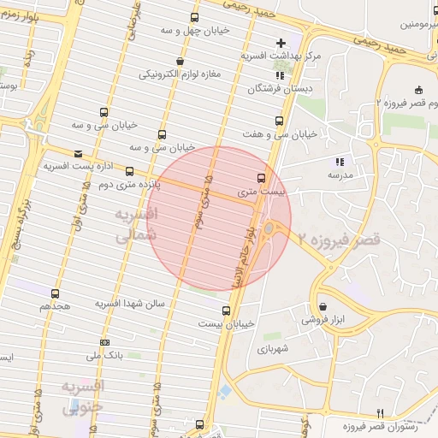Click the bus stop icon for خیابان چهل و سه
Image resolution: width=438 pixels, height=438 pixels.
pos(195,17)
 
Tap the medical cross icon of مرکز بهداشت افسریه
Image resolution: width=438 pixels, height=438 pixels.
pos(281,43)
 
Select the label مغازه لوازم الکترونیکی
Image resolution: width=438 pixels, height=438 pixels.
pos(181,74)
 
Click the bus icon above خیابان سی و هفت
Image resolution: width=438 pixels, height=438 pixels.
pos(277,121)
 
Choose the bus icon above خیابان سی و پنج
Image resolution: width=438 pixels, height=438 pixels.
pos(163,134)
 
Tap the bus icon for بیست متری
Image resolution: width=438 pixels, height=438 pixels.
pos(260,178)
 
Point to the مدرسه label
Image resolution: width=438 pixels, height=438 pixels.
pos(340,175)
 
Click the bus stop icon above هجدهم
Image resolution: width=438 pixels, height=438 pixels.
pos(55,293)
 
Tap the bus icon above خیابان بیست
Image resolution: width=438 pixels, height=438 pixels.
pos(226,311)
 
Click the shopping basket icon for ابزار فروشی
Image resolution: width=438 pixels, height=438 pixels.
pos(323,305)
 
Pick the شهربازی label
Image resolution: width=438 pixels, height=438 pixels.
pos(274,349)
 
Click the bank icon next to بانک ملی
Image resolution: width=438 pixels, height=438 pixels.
pos(104,343)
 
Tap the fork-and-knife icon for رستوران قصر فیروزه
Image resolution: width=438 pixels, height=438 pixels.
pos(391,412)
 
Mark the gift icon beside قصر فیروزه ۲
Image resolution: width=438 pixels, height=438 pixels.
pos(418,90)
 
